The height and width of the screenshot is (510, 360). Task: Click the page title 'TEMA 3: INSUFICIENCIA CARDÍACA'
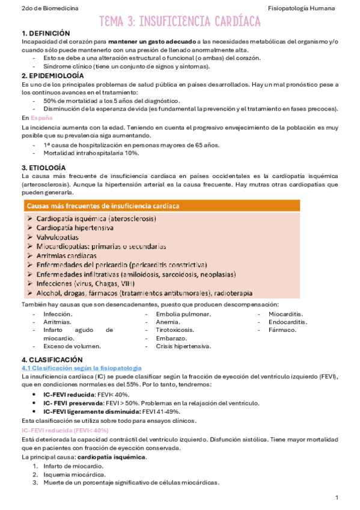coord(180,22)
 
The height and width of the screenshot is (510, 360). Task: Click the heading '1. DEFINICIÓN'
coord(46,34)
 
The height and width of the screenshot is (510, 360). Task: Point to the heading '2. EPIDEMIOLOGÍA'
coord(53,76)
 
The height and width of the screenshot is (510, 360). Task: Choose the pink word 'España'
coord(41,118)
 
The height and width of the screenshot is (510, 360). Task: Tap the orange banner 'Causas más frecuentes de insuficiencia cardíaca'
coord(103,206)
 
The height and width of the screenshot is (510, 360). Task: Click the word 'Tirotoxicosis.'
coord(175,330)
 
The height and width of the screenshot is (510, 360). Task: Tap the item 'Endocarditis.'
coord(288,322)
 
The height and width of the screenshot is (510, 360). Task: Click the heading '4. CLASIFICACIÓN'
coord(51,360)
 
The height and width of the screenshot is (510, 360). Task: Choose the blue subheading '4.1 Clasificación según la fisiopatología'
coord(81,367)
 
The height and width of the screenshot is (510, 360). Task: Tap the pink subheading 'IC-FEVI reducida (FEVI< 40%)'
coord(65,431)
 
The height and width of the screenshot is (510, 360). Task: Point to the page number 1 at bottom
coord(337,498)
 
